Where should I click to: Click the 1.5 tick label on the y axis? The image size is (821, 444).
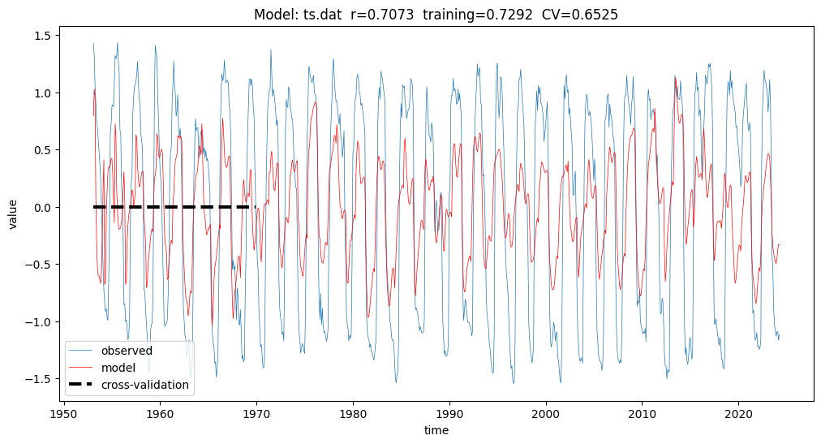pos(43,36)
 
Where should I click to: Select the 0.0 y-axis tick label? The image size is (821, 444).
pos(43,208)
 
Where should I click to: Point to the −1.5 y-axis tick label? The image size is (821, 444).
pos(40,379)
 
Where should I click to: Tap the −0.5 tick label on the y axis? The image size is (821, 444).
pos(40,265)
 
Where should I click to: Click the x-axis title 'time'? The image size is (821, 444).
pos(436,429)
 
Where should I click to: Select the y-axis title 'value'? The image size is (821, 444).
pos(14,213)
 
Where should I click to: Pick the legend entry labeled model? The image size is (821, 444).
pos(118,368)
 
